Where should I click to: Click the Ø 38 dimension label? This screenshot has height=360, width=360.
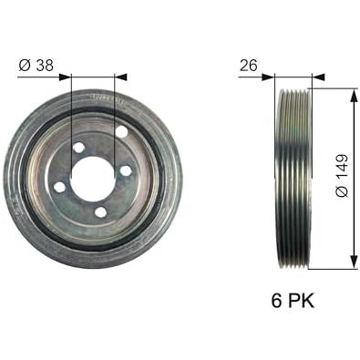[x=36, y=66]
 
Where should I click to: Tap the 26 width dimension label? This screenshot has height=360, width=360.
[x=249, y=66]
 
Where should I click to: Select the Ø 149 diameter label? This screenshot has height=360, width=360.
[x=342, y=176]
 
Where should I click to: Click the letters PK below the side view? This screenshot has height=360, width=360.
[x=301, y=301]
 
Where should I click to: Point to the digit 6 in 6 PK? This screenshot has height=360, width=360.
[x=277, y=301]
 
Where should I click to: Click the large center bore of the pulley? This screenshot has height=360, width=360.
[x=92, y=179]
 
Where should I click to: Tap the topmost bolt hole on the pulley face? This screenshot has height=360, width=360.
[x=122, y=131]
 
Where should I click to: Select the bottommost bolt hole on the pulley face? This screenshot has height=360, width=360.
[x=100, y=212]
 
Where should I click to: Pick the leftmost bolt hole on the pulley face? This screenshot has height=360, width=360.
[x=59, y=187]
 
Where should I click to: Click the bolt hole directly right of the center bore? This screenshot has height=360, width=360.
[x=126, y=170]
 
